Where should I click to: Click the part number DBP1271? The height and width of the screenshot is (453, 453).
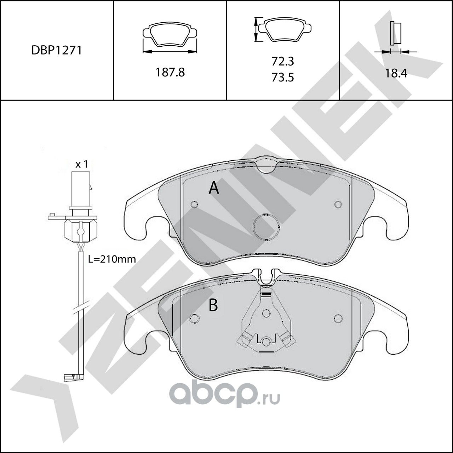[57, 50]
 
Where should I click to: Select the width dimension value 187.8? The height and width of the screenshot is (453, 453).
[170, 73]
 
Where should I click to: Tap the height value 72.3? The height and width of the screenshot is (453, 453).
[283, 62]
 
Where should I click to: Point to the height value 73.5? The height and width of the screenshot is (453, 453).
[283, 77]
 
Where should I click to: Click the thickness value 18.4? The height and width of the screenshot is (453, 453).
[396, 73]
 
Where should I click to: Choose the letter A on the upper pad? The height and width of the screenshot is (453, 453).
[214, 188]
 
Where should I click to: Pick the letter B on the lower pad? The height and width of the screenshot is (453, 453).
[213, 305]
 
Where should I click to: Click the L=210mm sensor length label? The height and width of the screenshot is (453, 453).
[112, 259]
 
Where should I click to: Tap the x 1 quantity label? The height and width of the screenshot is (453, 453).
[81, 164]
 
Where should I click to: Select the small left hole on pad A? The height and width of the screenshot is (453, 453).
[194, 205]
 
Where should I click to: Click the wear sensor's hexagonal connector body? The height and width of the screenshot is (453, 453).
[81, 230]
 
